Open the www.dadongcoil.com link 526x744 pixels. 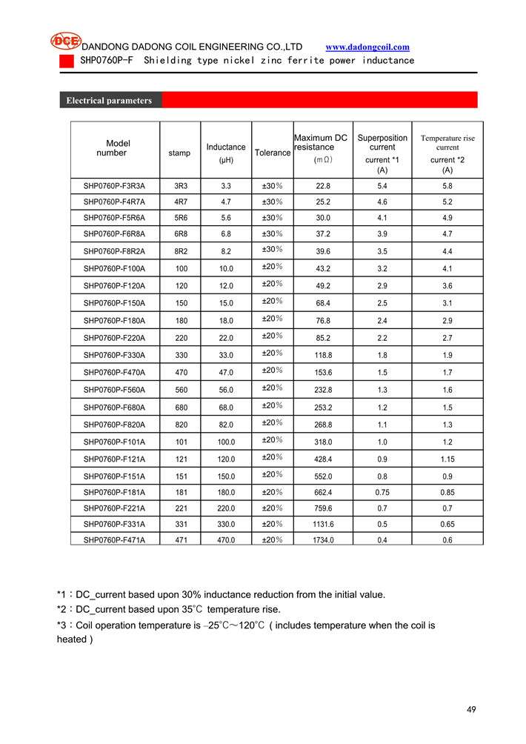coord(367,47)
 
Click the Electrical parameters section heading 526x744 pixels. coord(109,101)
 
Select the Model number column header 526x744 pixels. coord(115,148)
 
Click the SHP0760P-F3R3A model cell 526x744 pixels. coord(115,186)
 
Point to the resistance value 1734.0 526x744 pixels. coord(324,540)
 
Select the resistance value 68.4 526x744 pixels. coord(324,303)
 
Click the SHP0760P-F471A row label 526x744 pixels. coord(115,540)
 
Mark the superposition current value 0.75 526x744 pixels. coord(382,492)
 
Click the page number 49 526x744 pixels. coord(471,709)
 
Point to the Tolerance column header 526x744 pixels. coord(273,153)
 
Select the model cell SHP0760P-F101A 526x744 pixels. coord(115,442)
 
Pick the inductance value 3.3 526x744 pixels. coord(226,186)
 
